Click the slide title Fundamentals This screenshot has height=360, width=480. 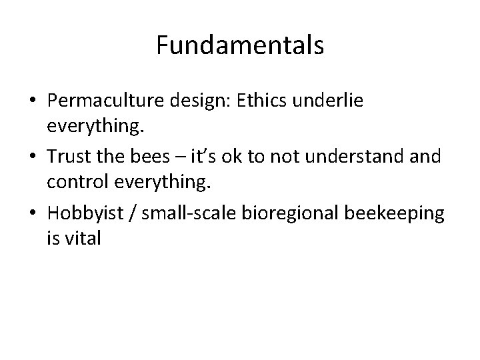pos(240,45)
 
